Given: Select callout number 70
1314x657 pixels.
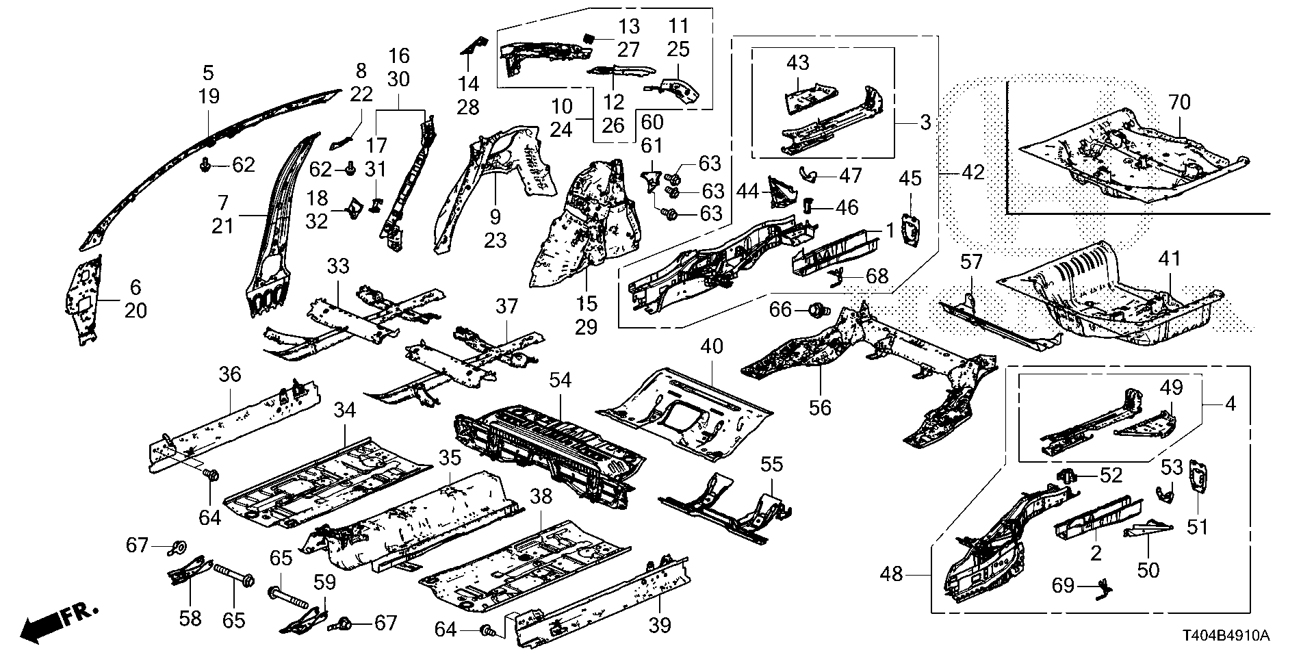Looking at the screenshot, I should point(1180,103).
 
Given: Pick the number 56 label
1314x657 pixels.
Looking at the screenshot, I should point(819,407).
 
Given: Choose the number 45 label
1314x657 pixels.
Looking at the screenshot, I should point(910,179).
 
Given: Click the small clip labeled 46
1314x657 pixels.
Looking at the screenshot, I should point(808,205).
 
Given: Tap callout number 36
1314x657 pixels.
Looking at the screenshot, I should point(230,374).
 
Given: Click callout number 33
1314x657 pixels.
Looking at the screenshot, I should point(338,266).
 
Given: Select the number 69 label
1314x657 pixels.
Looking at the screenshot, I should point(1063,586).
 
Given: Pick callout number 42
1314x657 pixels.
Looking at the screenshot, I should point(972,172).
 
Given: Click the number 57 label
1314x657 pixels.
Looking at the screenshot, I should point(971,261).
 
